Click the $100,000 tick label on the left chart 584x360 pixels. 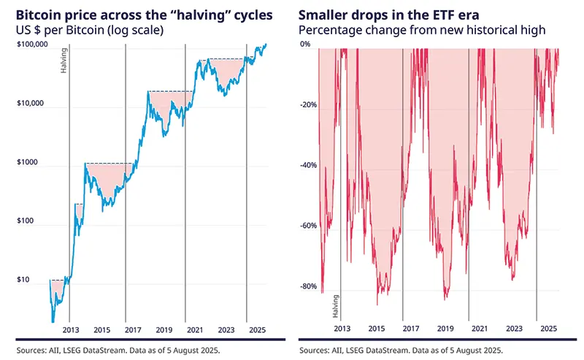point(31,44)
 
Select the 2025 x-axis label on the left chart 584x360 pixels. point(247,330)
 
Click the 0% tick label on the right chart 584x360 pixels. point(307,44)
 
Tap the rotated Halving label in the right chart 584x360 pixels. point(336,305)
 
